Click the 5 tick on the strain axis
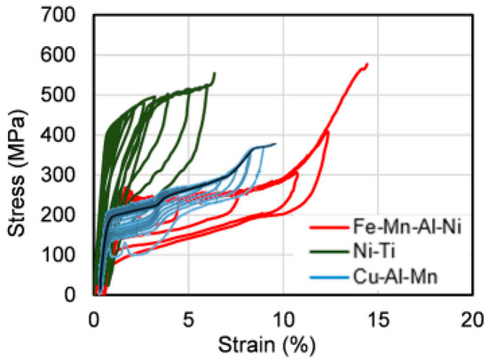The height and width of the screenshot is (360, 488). [188, 317]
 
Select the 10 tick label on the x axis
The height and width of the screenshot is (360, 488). [283, 317]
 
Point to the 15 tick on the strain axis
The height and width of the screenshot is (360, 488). [378, 317]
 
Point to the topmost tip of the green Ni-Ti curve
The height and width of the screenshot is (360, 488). [214, 73]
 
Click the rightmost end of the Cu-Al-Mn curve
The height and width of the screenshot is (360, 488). [275, 144]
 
